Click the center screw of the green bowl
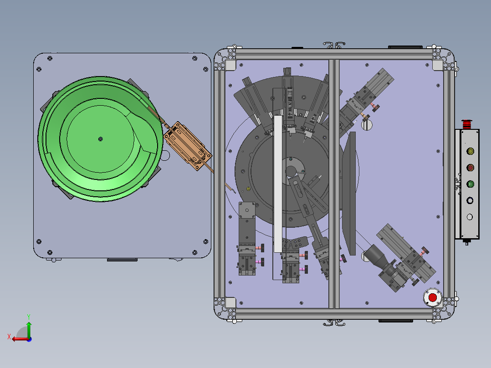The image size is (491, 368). pyautogui.click(x=101, y=139)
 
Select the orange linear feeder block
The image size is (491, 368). pyautogui.click(x=188, y=146)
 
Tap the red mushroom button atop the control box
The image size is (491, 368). pyautogui.click(x=467, y=124)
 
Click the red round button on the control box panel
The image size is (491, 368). pyautogui.click(x=470, y=168)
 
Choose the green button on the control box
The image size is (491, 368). pyautogui.click(x=470, y=184)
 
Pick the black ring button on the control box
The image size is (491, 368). pyautogui.click(x=470, y=200)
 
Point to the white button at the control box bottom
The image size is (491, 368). pyautogui.click(x=470, y=217)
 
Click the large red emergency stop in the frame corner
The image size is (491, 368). pyautogui.click(x=432, y=297)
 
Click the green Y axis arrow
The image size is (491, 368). pyautogui.click(x=29, y=329)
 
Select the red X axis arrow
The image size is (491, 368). pyautogui.click(x=20, y=339)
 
